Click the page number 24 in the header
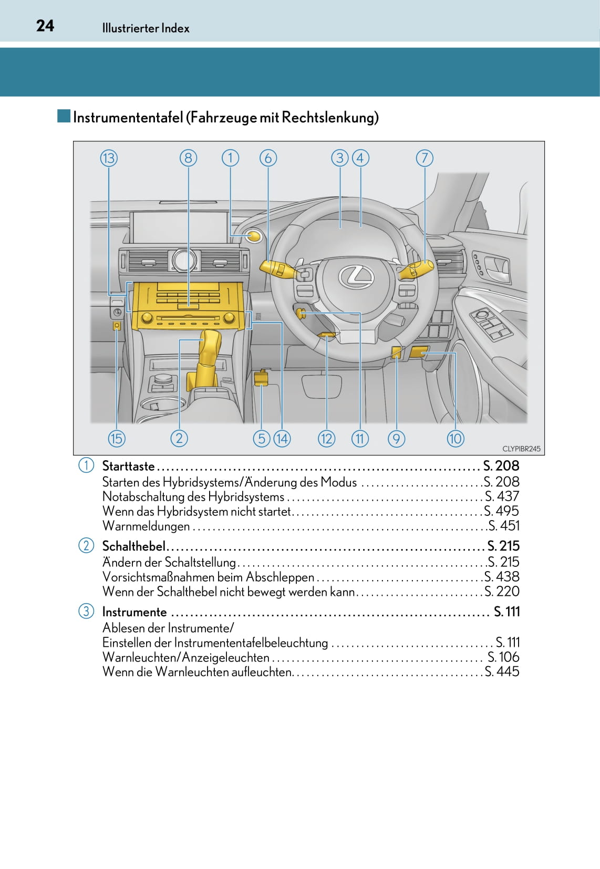pos(45,26)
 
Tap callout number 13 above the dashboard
pos(109,158)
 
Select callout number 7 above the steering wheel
pos(425,158)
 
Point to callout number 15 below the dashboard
pos(117,438)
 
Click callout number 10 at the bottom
pos(456,438)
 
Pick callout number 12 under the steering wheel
pos(326,438)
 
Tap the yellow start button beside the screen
pos(254,236)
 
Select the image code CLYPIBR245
pos(521,449)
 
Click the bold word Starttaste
pos(129,466)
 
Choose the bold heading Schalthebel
pos(133,546)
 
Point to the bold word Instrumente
pos(135,612)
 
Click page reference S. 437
pos(502,496)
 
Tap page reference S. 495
pos(501,511)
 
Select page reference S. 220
pos(502,592)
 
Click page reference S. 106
pos(503,657)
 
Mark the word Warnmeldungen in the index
pos(146,526)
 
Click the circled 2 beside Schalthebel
pos(86,545)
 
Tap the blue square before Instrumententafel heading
pos(64,116)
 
